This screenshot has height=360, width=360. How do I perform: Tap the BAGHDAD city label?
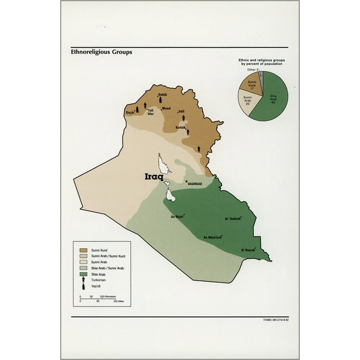coord(195,183)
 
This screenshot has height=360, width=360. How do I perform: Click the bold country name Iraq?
coord(154,176)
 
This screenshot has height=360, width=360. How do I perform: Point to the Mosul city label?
coord(166,108)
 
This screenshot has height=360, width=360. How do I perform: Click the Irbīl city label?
coord(181,111)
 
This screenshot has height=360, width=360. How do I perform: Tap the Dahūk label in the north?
coord(162,94)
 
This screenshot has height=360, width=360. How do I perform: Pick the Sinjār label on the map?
coord(129,113)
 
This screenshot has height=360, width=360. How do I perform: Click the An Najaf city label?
coord(177,216)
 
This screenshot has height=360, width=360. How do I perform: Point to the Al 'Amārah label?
coord(234,218)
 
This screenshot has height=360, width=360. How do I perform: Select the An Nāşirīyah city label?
coord(212,237)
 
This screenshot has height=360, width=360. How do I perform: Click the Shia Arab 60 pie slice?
coord(273,99)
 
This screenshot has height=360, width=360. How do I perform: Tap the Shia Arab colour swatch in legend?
coord(83,274)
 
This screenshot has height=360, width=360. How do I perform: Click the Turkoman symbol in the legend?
coord(83,280)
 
